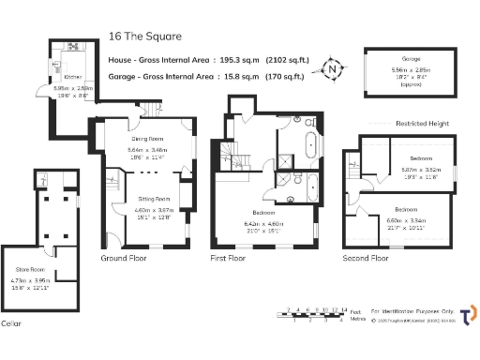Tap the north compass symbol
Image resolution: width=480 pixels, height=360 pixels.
click(330, 67)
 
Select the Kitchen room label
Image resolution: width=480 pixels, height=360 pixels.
click(73, 77)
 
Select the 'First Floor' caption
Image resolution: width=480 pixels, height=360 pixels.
click(234, 257)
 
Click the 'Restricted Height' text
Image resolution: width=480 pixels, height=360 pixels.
click(423, 123)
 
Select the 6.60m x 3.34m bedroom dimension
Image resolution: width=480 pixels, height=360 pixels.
click(406, 220)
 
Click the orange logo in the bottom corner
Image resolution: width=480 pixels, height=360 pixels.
click(467, 313)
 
